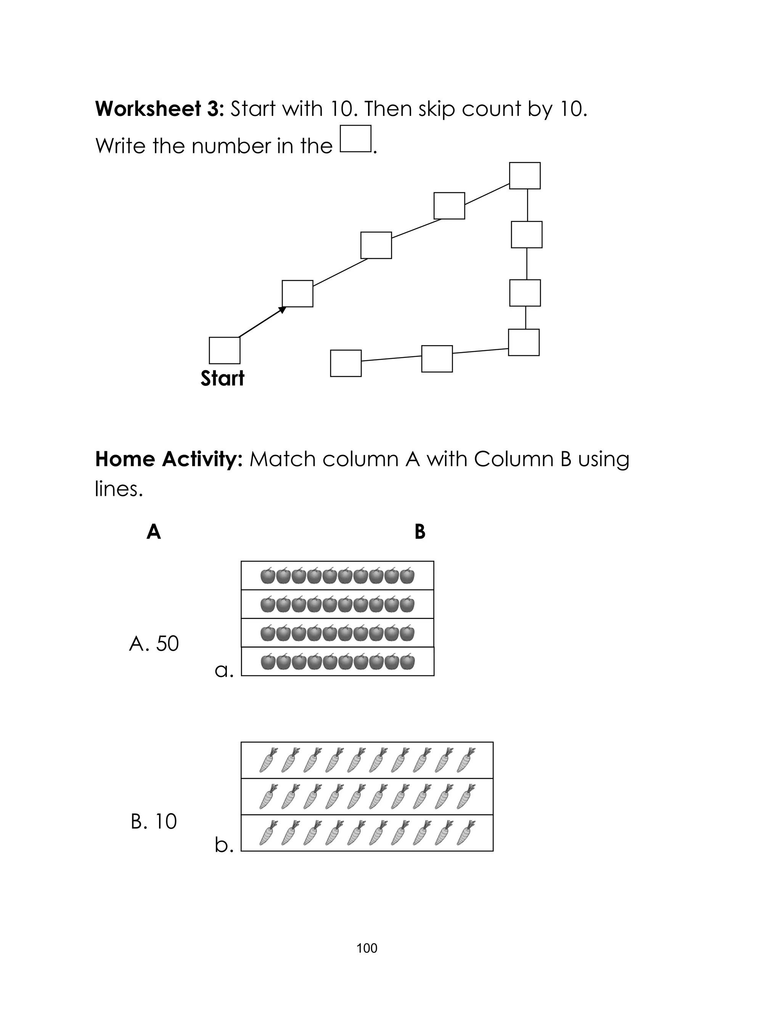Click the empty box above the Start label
tap(225, 350)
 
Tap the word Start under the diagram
tap(222, 378)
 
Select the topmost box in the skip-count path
tap(524, 176)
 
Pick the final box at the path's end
tap(346, 363)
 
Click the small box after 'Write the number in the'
tap(356, 138)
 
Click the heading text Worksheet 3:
tap(160, 109)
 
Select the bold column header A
tap(153, 531)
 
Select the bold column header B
tap(420, 531)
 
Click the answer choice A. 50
tap(154, 644)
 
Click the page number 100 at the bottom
tap(367, 948)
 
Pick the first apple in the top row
tap(268, 576)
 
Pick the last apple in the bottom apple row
tap(407, 661)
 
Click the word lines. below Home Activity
tap(119, 489)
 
